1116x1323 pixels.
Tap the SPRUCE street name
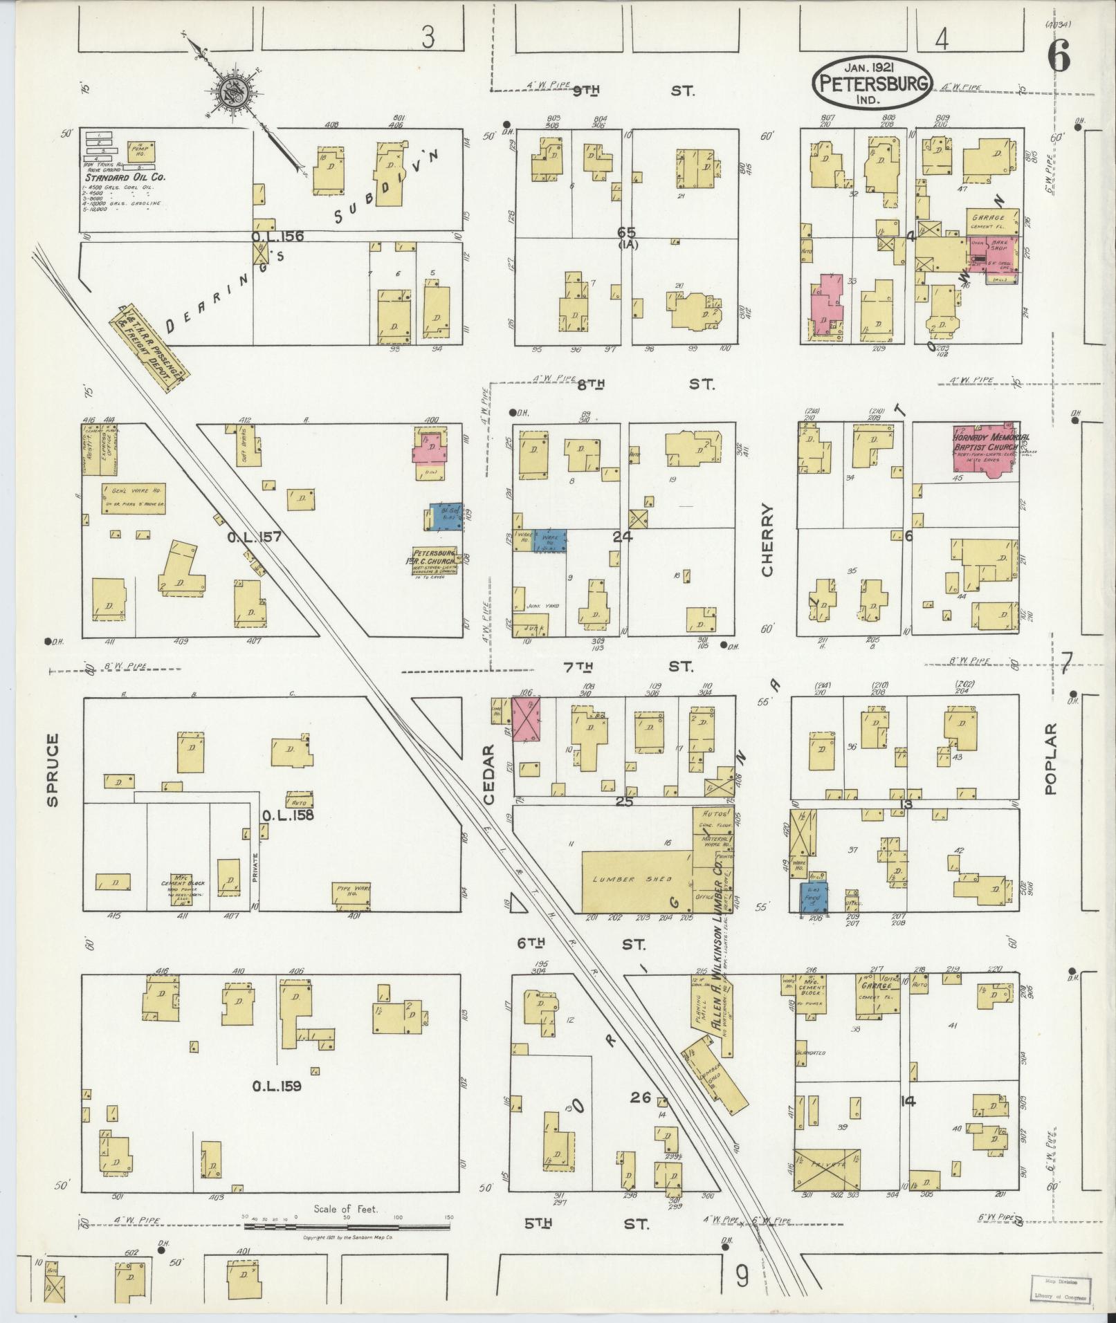(53, 770)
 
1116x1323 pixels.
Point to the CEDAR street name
(490, 774)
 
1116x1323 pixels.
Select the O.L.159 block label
(276, 1086)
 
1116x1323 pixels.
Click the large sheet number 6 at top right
(1059, 55)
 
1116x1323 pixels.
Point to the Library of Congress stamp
(1057, 1284)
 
